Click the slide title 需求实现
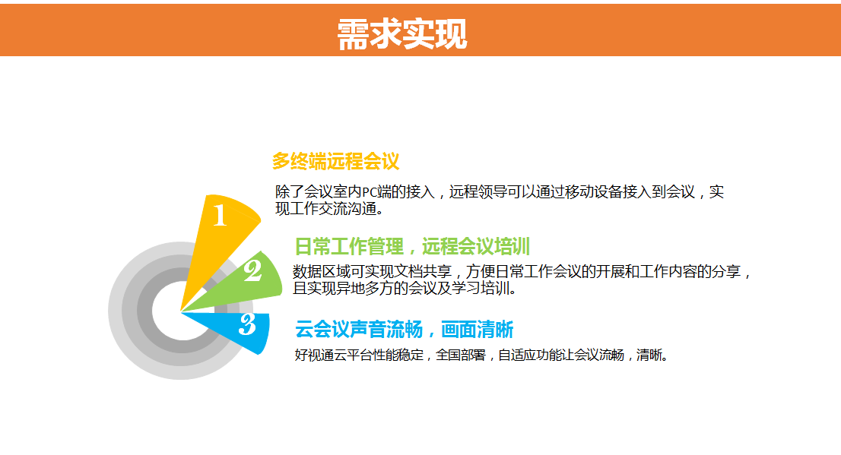pyautogui.click(x=402, y=34)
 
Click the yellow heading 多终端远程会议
pyautogui.click(x=336, y=161)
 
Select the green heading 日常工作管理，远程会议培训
pyautogui.click(x=412, y=247)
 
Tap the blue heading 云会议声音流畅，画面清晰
pyautogui.click(x=404, y=329)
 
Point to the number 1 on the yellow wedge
pyautogui.click(x=220, y=216)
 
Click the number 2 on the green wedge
pyautogui.click(x=252, y=270)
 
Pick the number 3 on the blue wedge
pyautogui.click(x=247, y=324)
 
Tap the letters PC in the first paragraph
pyautogui.click(x=370, y=192)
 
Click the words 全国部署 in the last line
pyautogui.click(x=461, y=355)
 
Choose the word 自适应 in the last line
pyautogui.click(x=518, y=355)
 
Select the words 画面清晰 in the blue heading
pyautogui.click(x=478, y=329)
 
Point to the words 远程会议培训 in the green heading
pyautogui.click(x=476, y=247)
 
